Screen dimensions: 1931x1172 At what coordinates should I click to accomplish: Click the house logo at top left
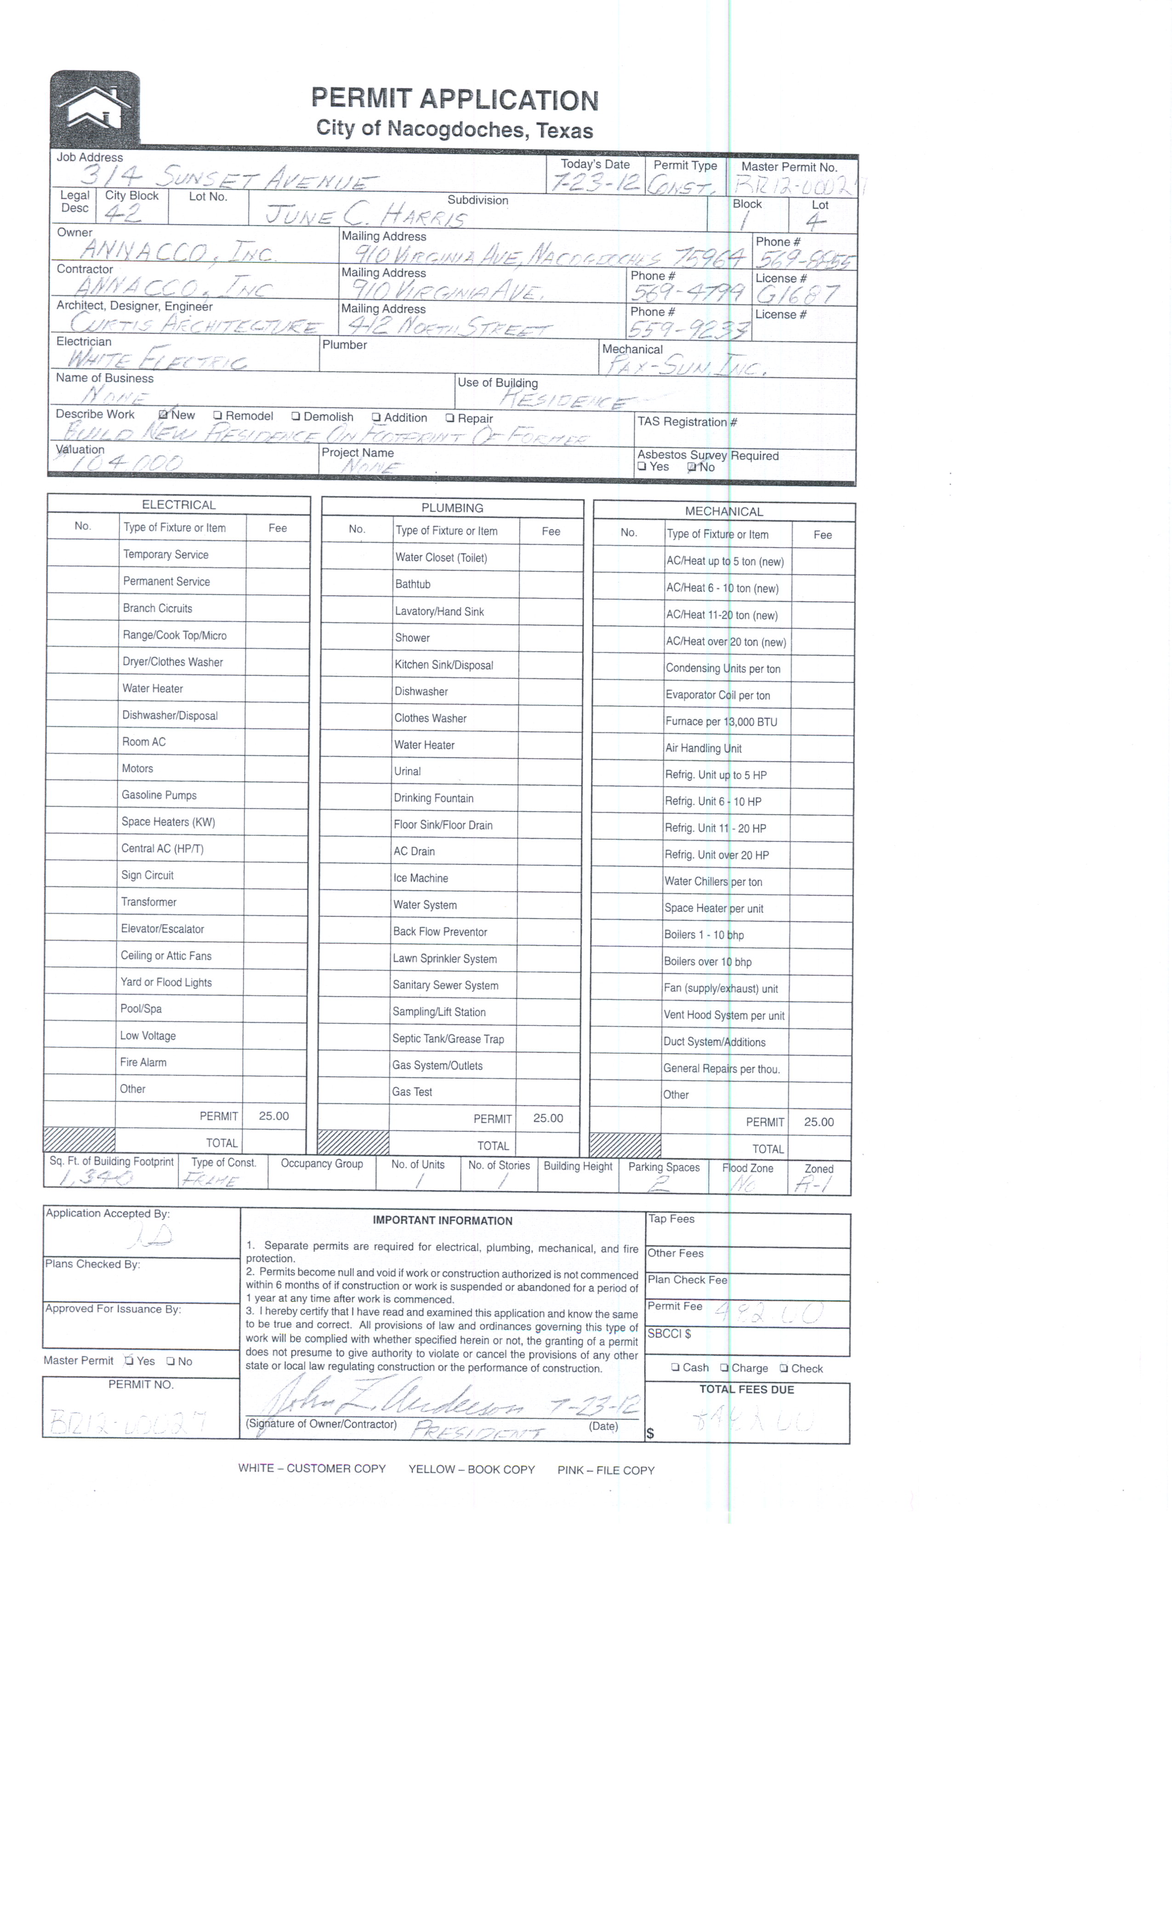point(95,108)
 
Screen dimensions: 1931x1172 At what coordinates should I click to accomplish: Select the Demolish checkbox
point(296,416)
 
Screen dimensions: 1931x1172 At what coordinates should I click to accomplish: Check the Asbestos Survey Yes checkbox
point(642,466)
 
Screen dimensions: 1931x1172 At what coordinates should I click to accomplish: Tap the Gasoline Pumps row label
point(159,794)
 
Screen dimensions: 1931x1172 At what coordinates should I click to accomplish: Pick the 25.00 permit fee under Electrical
point(273,1116)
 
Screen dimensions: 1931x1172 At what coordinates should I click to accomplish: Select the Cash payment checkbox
point(675,1367)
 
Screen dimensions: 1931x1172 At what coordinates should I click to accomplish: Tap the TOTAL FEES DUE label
point(746,1389)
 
